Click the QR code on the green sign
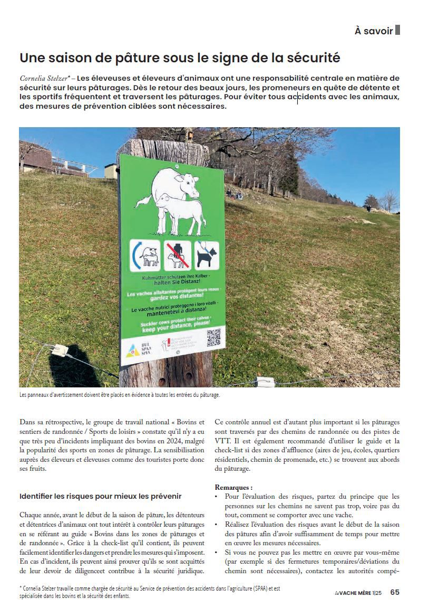[x=213, y=338]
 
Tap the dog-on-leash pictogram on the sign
[x=207, y=255]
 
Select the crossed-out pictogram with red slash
[x=176, y=254]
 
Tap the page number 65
[x=395, y=592]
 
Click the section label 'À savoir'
[x=374, y=31]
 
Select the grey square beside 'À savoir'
[x=398, y=30]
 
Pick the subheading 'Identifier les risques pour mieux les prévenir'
[x=100, y=497]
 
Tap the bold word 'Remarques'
[x=233, y=487]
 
